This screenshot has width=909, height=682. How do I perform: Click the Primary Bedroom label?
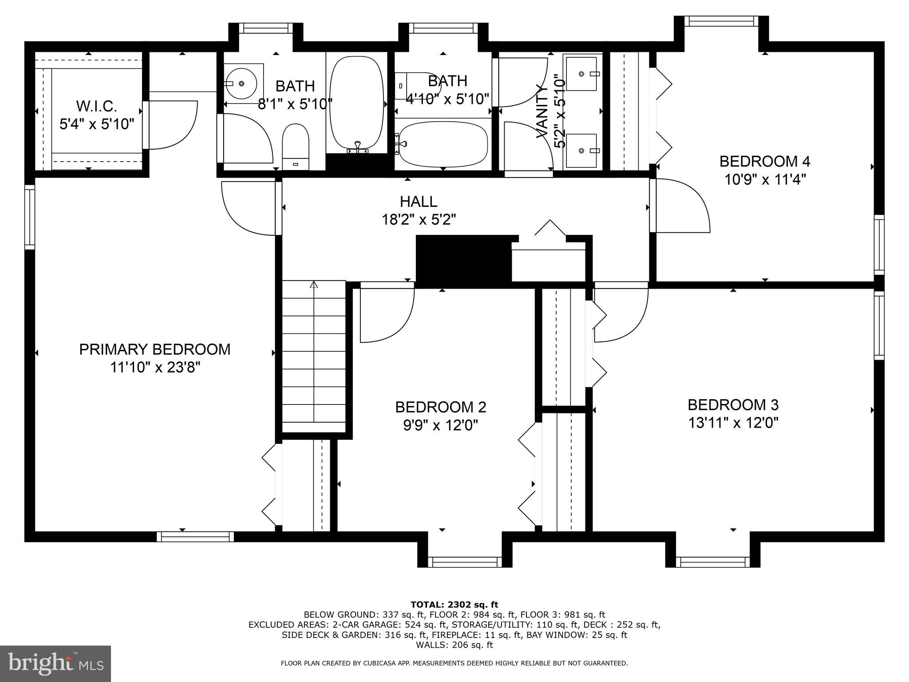click(x=155, y=349)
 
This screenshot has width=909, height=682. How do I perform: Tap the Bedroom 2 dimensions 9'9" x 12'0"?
click(x=440, y=425)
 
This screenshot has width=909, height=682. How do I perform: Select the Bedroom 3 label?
click(x=733, y=405)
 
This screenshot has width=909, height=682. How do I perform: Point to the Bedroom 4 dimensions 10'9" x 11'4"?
click(x=765, y=180)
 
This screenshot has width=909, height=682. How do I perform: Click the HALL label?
click(x=419, y=202)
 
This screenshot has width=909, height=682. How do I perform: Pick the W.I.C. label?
click(x=97, y=107)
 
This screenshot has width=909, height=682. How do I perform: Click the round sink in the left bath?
click(x=240, y=83)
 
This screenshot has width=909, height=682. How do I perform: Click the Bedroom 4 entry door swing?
click(x=681, y=205)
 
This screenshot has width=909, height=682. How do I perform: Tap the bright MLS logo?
click(x=55, y=664)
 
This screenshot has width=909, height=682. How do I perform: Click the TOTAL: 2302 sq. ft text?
click(x=454, y=604)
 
